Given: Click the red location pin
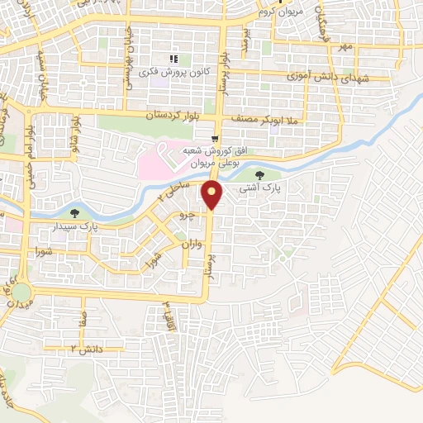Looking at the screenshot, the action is pyautogui.click(x=213, y=194).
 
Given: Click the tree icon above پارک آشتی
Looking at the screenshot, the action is pyautogui.click(x=261, y=175).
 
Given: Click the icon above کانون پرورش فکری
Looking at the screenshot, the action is pyautogui.click(x=173, y=59).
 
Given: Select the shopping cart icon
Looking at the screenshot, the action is pyautogui.click(x=215, y=138).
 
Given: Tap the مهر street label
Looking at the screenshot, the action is pyautogui.click(x=344, y=46).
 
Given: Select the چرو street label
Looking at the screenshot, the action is pyautogui.click(x=188, y=216).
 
